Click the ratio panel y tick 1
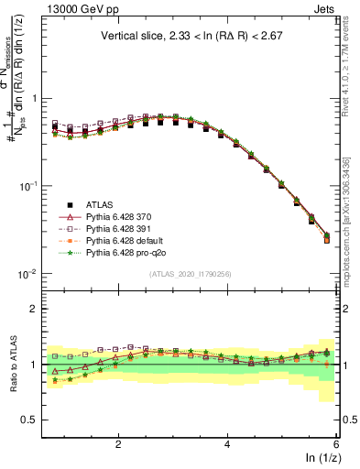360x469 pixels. coord(34,365)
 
